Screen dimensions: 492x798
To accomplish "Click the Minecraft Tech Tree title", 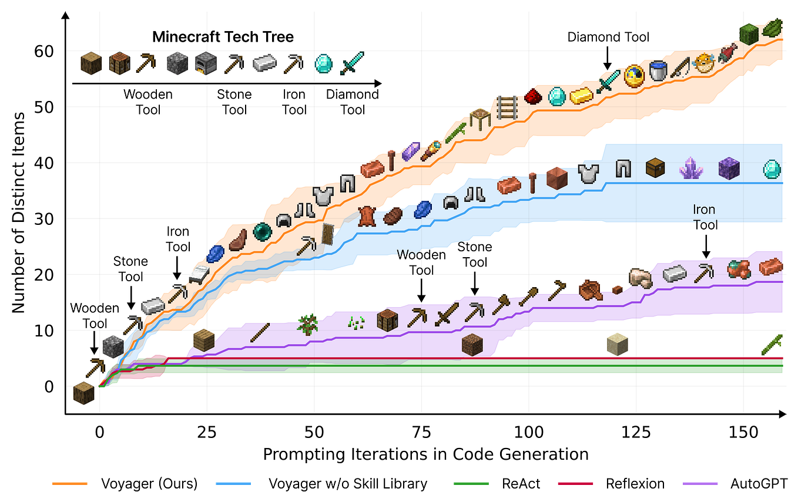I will tap(223, 37).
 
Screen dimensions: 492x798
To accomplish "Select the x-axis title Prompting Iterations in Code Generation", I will tap(425, 454).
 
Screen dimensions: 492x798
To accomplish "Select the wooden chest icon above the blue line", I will tap(655, 169).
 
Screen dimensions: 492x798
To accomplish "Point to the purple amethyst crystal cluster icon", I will tap(691, 169).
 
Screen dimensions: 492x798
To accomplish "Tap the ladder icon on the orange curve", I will tap(506, 107).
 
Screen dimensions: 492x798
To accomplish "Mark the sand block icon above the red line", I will tap(618, 344).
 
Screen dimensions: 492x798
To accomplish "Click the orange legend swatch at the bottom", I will tap(70, 483).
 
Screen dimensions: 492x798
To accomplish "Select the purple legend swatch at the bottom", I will tap(700, 483).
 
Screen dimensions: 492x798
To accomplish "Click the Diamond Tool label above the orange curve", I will tap(608, 38).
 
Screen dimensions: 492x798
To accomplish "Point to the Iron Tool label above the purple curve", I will tap(704, 217).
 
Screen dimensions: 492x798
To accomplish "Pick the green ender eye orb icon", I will tap(261, 232).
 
